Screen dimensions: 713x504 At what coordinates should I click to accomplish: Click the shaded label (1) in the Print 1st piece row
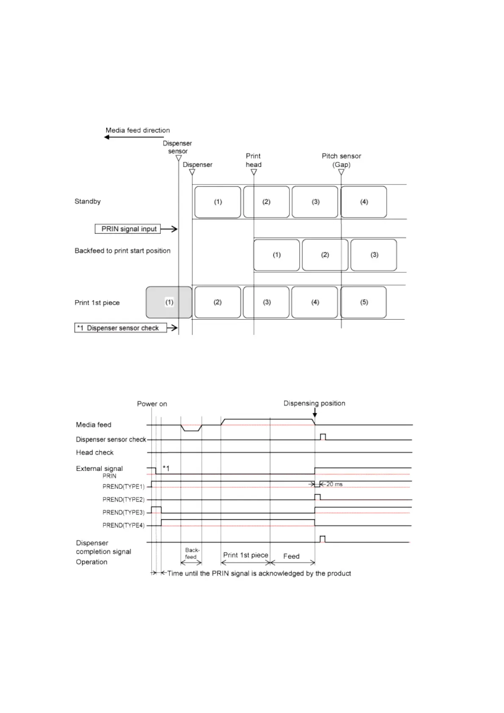(x=169, y=302)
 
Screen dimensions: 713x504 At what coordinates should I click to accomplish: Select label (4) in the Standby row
(x=364, y=202)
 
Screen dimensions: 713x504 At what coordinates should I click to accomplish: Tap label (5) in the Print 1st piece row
(x=364, y=302)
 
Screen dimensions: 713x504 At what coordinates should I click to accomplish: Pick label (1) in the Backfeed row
(x=276, y=255)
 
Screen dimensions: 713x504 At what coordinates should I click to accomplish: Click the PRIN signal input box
(x=128, y=229)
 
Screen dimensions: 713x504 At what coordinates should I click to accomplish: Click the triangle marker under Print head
(x=253, y=172)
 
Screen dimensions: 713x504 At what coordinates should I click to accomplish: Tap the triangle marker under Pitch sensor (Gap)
(x=341, y=172)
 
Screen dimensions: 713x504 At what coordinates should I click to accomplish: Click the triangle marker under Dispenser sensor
(x=179, y=158)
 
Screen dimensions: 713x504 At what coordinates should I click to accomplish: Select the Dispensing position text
(x=314, y=403)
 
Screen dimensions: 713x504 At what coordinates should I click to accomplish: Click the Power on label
(x=152, y=404)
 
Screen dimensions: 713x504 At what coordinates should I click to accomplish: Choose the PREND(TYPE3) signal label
(x=123, y=513)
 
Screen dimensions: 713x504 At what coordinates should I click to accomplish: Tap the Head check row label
(x=95, y=453)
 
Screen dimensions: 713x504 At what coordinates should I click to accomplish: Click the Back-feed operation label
(x=191, y=554)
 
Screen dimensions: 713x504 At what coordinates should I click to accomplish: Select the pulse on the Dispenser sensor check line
(x=323, y=437)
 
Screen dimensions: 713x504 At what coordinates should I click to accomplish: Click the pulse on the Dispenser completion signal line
(x=322, y=539)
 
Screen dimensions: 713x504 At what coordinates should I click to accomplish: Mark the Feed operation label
(x=291, y=556)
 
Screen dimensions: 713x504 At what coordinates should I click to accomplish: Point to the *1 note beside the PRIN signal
(x=166, y=468)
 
